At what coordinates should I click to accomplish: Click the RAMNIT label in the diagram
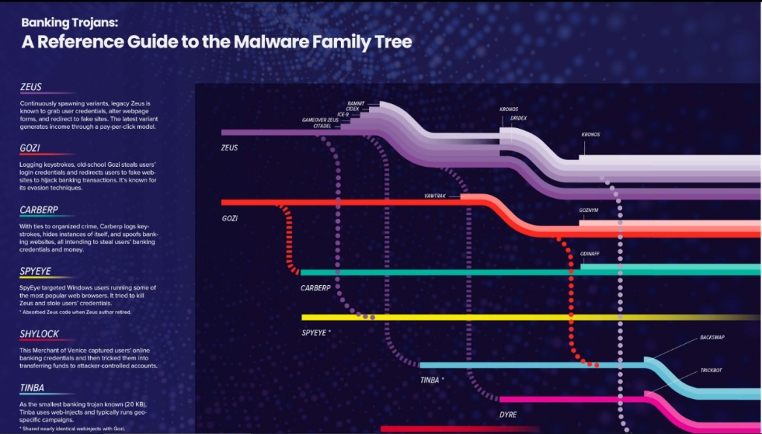tap(355, 103)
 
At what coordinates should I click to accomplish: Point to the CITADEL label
tap(322, 126)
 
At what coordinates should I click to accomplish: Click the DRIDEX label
tap(519, 118)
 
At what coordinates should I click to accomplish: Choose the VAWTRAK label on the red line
tap(435, 197)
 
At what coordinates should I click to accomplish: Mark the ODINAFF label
tap(589, 254)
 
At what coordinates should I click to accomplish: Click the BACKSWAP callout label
tap(712, 337)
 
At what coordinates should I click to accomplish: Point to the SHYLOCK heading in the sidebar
tap(39, 334)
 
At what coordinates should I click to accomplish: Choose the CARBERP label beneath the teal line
tap(315, 287)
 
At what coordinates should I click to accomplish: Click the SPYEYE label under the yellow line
tap(316, 332)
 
